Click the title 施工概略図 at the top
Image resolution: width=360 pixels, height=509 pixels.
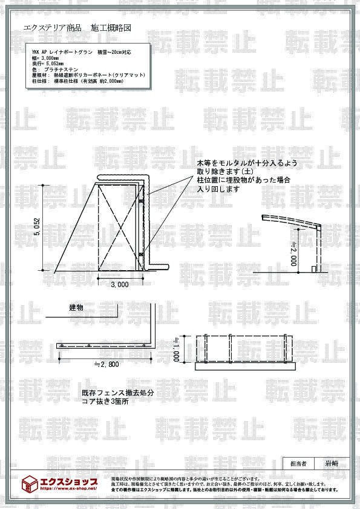coord(111,28)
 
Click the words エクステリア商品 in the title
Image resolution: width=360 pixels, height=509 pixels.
coord(53,28)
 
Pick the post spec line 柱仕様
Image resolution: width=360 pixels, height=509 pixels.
coord(77,80)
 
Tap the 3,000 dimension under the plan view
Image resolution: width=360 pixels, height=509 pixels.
coord(120,284)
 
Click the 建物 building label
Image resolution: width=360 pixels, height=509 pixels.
coord(76,308)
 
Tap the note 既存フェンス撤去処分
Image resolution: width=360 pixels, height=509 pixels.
coord(118,393)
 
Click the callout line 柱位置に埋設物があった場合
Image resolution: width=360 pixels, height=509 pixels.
coord(243,180)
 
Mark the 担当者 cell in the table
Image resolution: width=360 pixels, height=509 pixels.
coord(298,464)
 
